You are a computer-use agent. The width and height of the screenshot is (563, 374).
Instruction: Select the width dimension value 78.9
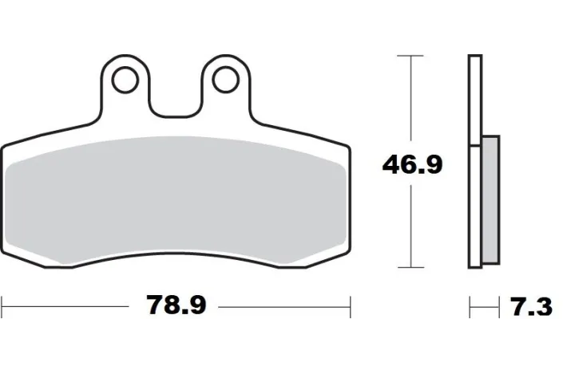[176, 305]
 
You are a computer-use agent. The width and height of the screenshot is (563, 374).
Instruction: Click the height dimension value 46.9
[412, 165]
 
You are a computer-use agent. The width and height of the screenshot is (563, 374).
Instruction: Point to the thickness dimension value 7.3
[529, 306]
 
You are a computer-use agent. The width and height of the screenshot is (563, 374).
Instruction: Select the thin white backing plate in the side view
[474, 159]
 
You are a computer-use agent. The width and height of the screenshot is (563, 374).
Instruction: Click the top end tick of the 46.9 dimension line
[410, 55]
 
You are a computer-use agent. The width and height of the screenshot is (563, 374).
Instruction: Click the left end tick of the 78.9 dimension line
[2, 305]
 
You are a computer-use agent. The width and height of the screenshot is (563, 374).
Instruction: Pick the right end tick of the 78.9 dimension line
[349, 305]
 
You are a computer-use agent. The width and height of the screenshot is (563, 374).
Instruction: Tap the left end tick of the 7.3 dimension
[470, 305]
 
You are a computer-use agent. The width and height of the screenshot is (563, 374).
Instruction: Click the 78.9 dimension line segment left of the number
[72, 305]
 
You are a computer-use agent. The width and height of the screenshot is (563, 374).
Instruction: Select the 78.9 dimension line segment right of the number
[283, 305]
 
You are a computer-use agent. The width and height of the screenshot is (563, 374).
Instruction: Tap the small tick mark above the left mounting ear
[123, 53]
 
